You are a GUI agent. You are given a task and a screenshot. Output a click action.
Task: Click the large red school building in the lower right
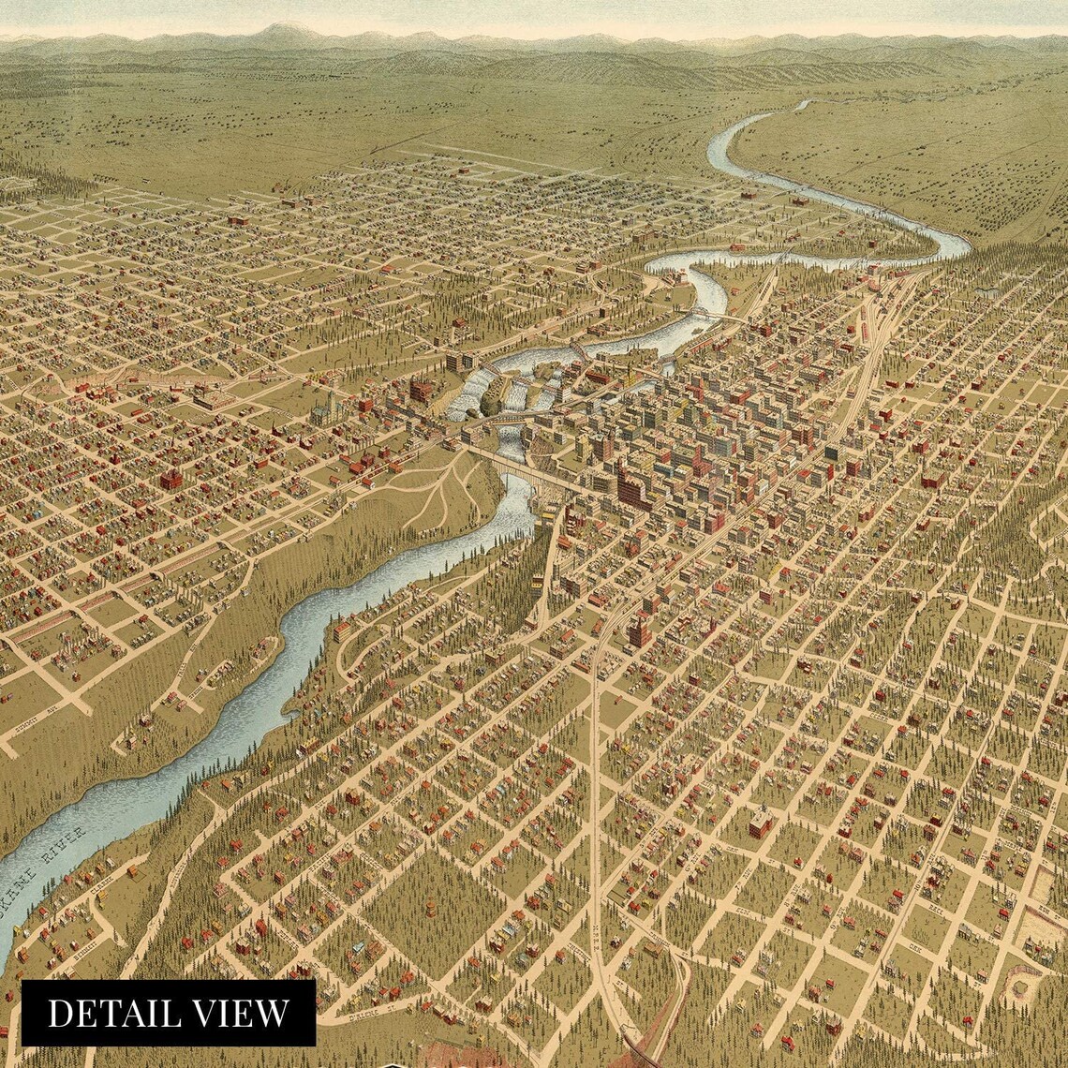point(761,823)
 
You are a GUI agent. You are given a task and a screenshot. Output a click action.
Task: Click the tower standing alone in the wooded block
point(430,909)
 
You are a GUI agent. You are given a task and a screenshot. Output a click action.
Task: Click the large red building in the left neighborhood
point(171,479)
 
